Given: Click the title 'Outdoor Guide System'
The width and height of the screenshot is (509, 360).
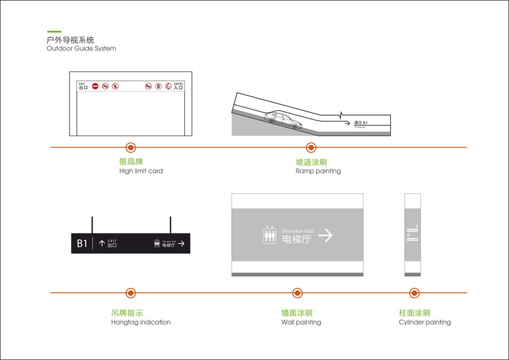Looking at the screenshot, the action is click(81, 49).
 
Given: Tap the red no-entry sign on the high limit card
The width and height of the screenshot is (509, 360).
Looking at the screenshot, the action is click(95, 86).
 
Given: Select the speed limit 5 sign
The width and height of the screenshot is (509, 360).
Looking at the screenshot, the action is click(158, 86).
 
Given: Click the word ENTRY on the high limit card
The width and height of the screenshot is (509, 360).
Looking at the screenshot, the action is click(178, 83).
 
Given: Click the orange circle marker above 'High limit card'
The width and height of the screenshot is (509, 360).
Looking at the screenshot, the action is click(130, 147).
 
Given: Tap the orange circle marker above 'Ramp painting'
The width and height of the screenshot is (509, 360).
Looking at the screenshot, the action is click(311, 147).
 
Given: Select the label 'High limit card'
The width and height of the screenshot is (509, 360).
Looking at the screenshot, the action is click(141, 171).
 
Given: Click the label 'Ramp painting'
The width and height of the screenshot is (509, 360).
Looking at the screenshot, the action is click(318, 171).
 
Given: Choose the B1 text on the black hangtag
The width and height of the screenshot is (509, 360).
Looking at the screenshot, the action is click(82, 243).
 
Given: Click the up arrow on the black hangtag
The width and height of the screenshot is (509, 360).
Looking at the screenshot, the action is click(101, 243).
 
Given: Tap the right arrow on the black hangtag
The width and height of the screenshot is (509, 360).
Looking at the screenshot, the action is click(181, 244).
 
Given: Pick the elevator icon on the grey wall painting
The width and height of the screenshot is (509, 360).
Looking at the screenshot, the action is click(270, 235).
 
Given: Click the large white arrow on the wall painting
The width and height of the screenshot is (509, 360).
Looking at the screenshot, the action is click(325, 235).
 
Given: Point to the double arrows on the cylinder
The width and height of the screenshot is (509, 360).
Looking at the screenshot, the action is click(412, 233).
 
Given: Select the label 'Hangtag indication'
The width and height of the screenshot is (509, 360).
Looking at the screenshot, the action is click(140, 322).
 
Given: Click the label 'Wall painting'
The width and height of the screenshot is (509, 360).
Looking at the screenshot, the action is click(301, 322).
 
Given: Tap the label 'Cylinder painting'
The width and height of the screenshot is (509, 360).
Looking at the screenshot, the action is click(424, 322).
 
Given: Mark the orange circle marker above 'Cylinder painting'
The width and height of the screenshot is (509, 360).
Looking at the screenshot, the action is click(414, 293).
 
